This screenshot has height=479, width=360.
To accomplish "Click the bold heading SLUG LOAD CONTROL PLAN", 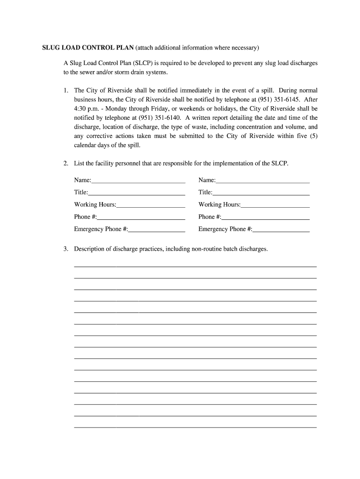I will pyautogui.click(x=88, y=48).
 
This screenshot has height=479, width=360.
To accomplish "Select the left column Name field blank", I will pyautogui.click(x=138, y=181).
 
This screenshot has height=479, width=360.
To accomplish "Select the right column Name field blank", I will pyautogui.click(x=263, y=181).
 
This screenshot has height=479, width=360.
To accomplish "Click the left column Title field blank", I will pyautogui.click(x=137, y=193).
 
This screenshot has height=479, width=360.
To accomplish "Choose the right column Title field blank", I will pyautogui.click(x=261, y=193).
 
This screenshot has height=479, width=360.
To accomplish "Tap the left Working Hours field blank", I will pyautogui.click(x=151, y=205).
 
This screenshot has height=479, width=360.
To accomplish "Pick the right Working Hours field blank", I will pyautogui.click(x=275, y=205).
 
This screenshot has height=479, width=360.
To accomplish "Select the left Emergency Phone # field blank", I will pyautogui.click(x=157, y=229).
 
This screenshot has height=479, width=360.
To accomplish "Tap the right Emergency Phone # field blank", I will pyautogui.click(x=281, y=229).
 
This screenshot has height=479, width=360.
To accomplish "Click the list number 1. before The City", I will pyautogui.click(x=66, y=90).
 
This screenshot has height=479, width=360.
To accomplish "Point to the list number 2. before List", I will pyautogui.click(x=66, y=164).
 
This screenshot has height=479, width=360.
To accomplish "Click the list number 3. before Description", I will pyautogui.click(x=66, y=249).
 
